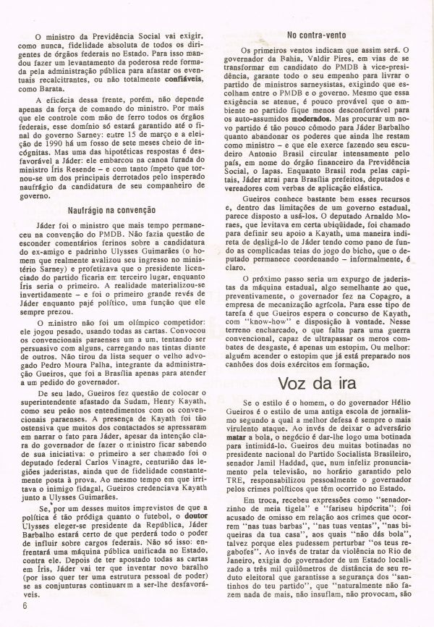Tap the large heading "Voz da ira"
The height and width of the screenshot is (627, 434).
pos(319,383)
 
